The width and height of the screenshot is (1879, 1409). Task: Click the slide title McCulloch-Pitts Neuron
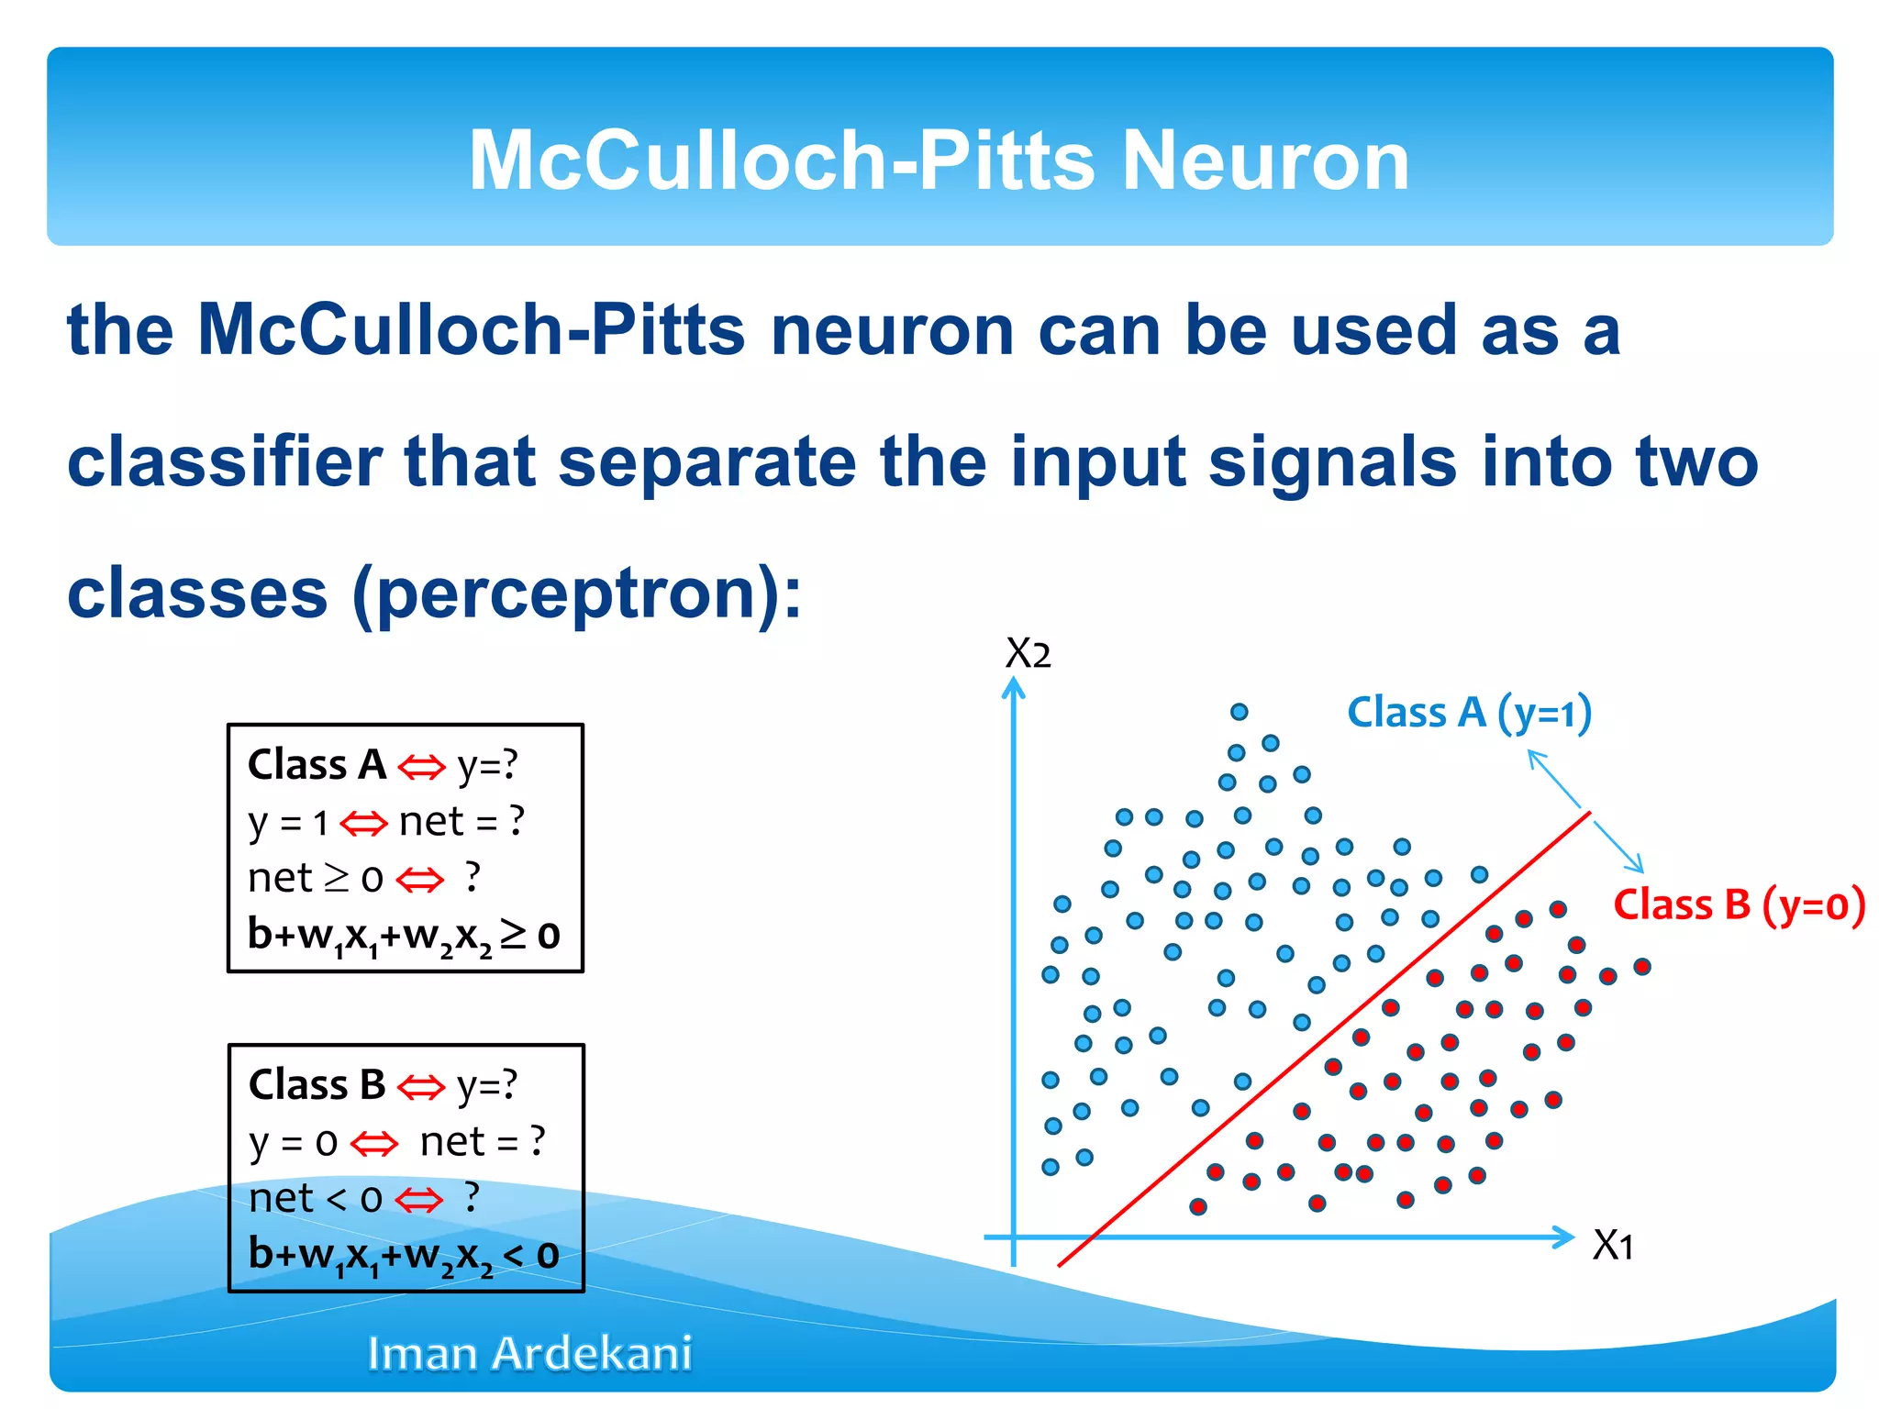pyautogui.click(x=939, y=161)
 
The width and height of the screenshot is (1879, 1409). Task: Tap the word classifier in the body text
pyautogui.click(x=224, y=461)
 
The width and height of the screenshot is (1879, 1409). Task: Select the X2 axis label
pyautogui.click(x=1028, y=654)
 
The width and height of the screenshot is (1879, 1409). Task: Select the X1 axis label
pyautogui.click(x=1613, y=1246)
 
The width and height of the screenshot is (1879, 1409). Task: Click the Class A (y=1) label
pyautogui.click(x=1469, y=713)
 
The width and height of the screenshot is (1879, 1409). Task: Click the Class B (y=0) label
pyautogui.click(x=1739, y=905)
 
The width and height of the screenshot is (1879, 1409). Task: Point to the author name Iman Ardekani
pyautogui.click(x=529, y=1353)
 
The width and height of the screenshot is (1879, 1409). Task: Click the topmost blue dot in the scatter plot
pyautogui.click(x=1239, y=712)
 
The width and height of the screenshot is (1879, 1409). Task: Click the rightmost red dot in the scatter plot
pyautogui.click(x=1642, y=966)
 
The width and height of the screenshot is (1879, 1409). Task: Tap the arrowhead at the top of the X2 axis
pyautogui.click(x=1013, y=686)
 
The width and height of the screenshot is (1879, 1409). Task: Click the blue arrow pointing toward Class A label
pyautogui.click(x=1553, y=778)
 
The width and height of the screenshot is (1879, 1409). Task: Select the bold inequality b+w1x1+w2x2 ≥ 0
pyautogui.click(x=404, y=935)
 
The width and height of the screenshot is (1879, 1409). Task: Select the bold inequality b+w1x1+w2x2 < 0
pyautogui.click(x=404, y=1254)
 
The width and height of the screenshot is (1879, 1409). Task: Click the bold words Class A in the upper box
pyautogui.click(x=317, y=765)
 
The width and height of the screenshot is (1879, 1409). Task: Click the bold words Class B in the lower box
pyautogui.click(x=317, y=1084)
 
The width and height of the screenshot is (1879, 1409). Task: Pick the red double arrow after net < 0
pyautogui.click(x=419, y=1199)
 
